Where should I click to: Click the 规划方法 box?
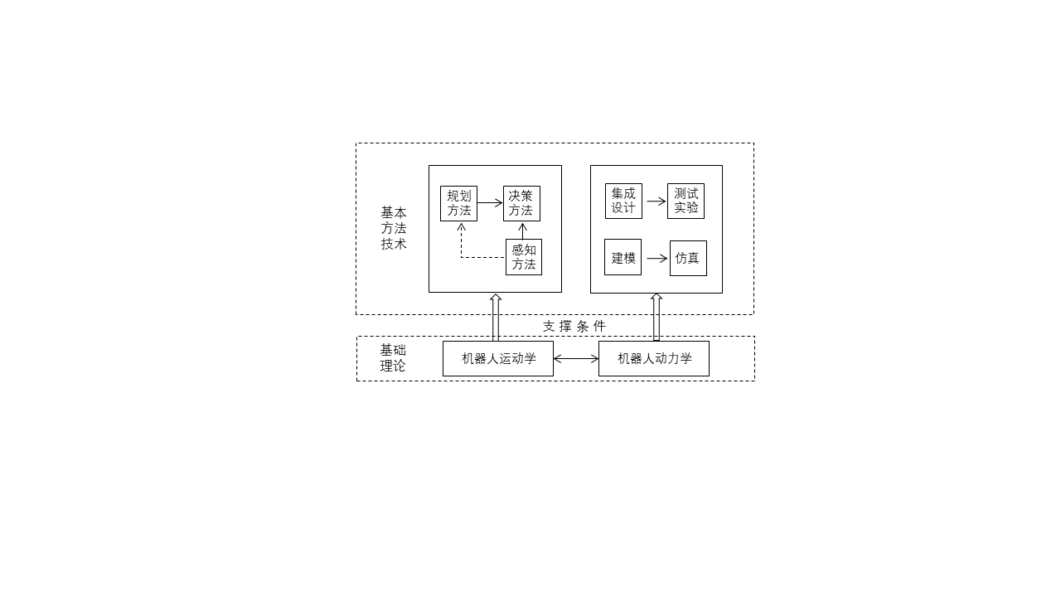coord(458,203)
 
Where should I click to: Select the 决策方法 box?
coord(521,203)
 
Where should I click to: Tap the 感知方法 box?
coord(524,257)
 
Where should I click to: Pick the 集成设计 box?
coord(623,201)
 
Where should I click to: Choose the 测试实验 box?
coord(686,201)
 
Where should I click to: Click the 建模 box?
coord(623,257)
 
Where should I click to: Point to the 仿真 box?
coord(688,258)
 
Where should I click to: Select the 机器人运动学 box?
coord(497,358)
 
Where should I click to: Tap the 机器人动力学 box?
coord(653,358)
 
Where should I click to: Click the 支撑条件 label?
coord(574,326)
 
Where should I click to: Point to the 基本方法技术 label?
coord(394,228)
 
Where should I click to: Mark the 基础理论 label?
coord(393,357)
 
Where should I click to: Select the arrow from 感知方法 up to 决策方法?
coord(522,231)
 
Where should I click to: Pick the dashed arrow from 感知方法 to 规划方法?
coord(472,257)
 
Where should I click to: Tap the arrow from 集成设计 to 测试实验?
coord(656,201)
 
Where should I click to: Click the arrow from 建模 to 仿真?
coord(656,259)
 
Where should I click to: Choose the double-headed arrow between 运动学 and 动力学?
coord(576,359)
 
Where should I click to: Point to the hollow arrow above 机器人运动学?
coord(496,317)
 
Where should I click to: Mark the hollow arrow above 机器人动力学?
coord(656,317)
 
